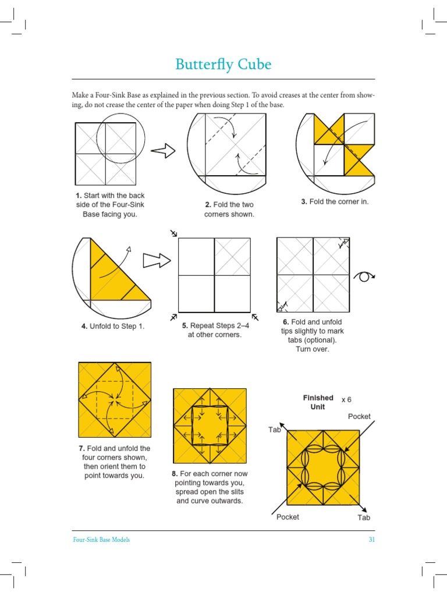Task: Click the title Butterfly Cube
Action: [223, 65]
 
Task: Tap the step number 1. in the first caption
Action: [78, 195]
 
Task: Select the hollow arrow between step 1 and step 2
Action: [164, 151]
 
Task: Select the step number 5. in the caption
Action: [185, 326]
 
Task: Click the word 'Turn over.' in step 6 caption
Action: [312, 349]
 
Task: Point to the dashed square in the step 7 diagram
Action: [115, 400]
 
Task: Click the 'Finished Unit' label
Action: [318, 402]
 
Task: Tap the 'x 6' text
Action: [346, 399]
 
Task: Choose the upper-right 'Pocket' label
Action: [359, 416]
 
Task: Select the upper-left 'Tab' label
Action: [275, 430]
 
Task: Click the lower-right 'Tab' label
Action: [364, 517]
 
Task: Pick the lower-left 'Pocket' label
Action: [288, 517]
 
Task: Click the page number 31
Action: [371, 540]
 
